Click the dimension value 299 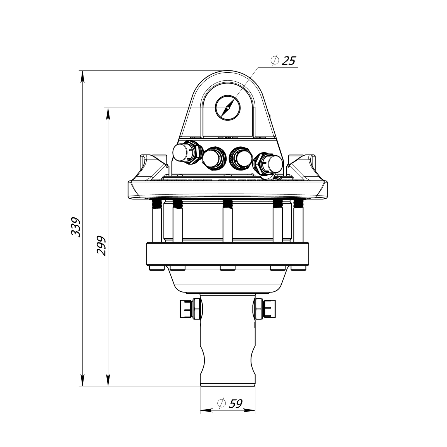pyautogui.click(x=101, y=246)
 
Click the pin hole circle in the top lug pyautogui.click(x=228, y=108)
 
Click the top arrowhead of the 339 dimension pyautogui.click(x=82, y=76)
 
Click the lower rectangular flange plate pyautogui.click(x=228, y=254)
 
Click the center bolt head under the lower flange pyautogui.click(x=228, y=268)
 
